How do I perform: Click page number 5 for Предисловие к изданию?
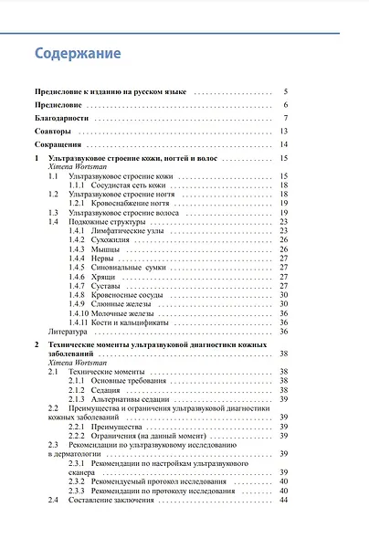point(285,92)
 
